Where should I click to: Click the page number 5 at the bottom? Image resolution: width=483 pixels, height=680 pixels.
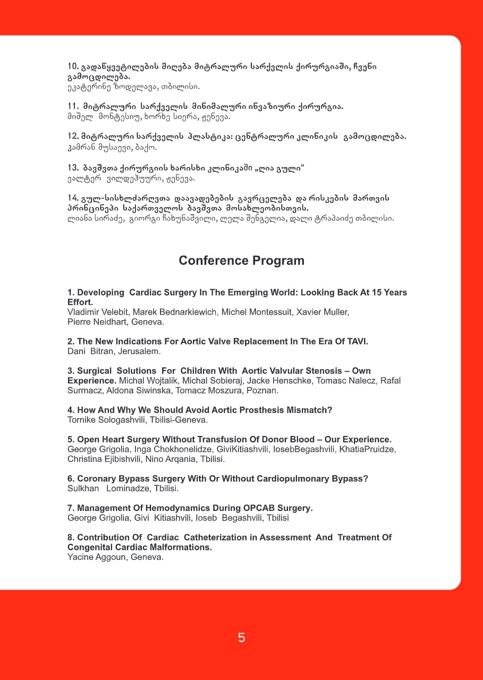241,638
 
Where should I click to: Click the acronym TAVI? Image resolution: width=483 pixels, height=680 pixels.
356,341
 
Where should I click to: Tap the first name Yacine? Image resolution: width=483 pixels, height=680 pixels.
80,557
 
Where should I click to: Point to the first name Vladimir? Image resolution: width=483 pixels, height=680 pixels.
84,312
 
